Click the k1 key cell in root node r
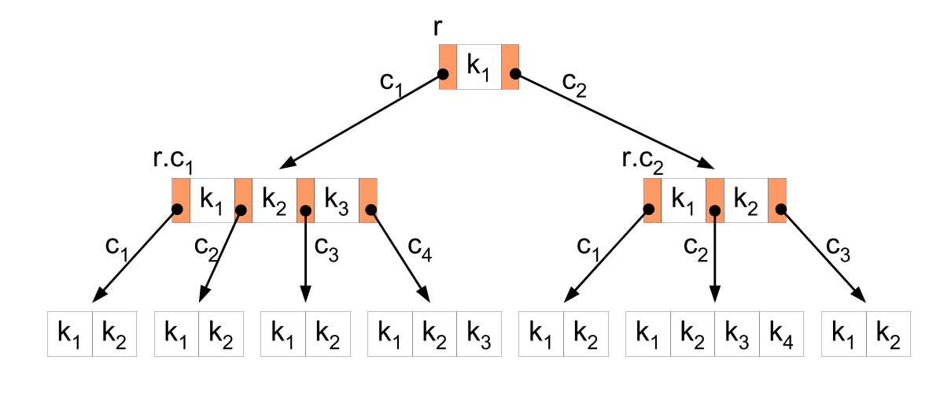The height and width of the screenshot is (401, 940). (478, 67)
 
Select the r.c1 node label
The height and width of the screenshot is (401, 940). (172, 162)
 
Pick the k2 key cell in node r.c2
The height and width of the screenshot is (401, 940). (746, 200)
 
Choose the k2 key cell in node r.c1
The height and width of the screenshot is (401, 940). (274, 200)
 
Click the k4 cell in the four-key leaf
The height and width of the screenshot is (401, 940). (782, 334)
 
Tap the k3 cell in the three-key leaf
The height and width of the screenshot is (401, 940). (480, 334)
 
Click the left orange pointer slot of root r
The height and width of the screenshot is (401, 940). (448, 67)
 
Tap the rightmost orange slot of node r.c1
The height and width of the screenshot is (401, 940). (368, 200)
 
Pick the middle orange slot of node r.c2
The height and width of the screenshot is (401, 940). (714, 200)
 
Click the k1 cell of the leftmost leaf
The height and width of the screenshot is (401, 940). (70, 334)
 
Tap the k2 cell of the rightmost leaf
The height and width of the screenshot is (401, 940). (887, 334)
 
